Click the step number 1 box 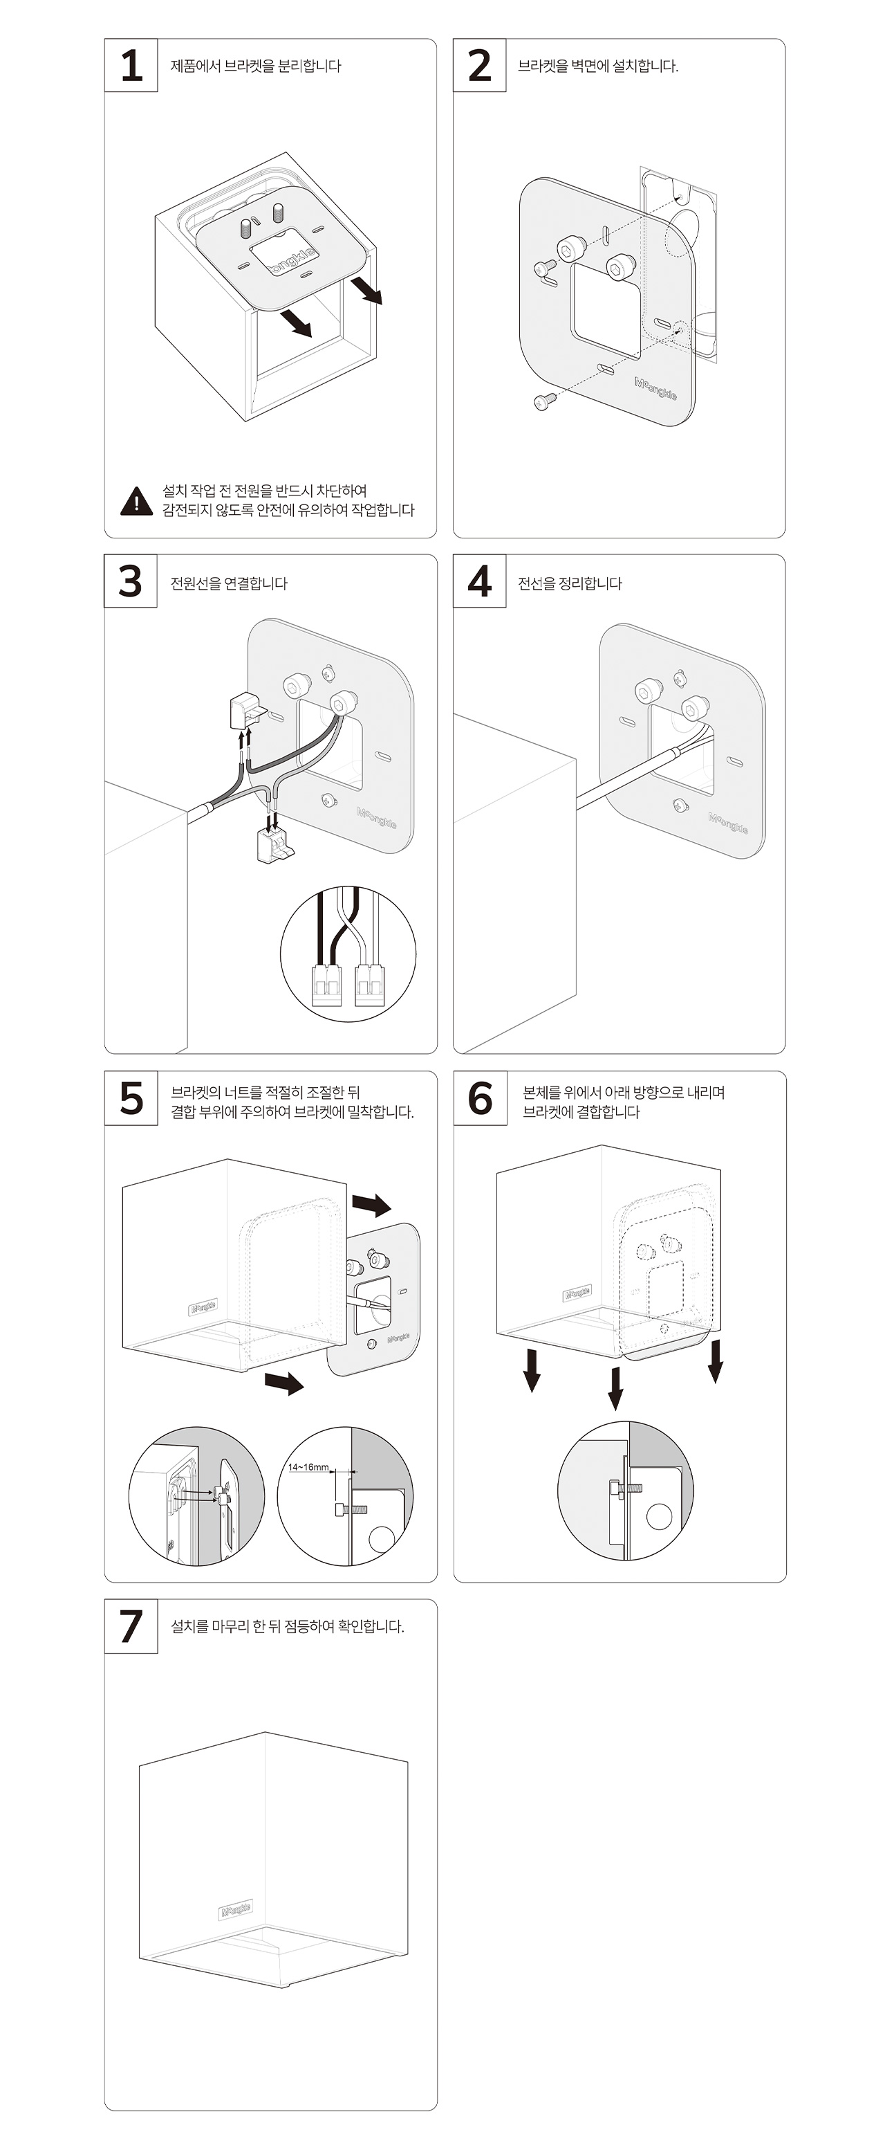point(131,65)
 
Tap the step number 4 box point(479,581)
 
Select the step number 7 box point(131,1626)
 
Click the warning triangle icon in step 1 point(136,501)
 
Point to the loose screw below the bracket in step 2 point(542,402)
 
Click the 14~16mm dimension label point(308,1467)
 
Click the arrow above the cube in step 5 point(371,1204)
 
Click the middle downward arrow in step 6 point(615,1388)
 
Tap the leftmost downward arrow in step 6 point(532,1370)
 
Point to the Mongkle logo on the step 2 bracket point(655,389)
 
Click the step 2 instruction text point(597,66)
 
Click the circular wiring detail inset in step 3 point(348,954)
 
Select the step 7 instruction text point(287,1626)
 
